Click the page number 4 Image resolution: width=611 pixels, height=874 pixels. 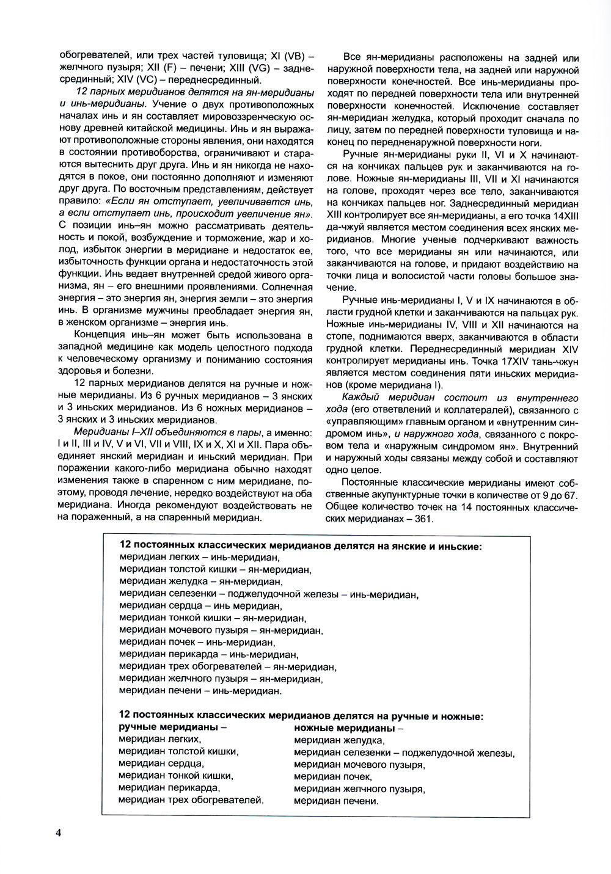(58, 833)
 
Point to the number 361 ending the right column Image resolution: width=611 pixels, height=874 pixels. (423, 519)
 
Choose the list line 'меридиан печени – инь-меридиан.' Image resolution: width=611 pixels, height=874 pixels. (200, 691)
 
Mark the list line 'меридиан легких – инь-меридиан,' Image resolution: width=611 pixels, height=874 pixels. (199, 557)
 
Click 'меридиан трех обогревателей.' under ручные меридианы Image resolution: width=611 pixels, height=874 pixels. (191, 800)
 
